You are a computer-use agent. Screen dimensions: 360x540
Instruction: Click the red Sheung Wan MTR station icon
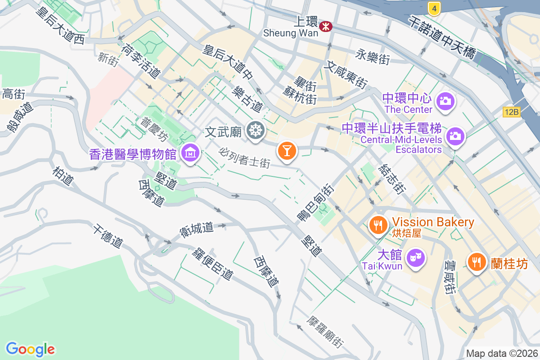(325, 27)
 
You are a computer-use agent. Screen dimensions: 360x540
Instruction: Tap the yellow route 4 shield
(433, 7)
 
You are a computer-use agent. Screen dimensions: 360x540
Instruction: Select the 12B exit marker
(512, 112)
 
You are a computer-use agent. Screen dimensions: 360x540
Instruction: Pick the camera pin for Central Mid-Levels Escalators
(455, 135)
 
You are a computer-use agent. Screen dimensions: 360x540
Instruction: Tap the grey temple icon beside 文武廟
(256, 131)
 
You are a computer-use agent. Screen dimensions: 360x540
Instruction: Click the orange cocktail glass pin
(287, 149)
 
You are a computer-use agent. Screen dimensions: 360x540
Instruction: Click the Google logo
(30, 349)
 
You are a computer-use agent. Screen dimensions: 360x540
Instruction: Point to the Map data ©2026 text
(502, 354)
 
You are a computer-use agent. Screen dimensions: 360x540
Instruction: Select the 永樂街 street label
(372, 57)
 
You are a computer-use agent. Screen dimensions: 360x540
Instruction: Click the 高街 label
(13, 94)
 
